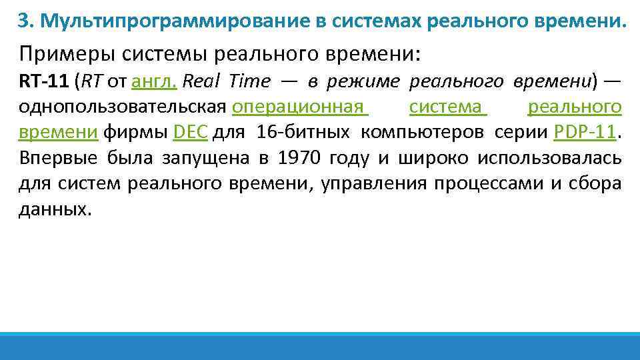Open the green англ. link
tap(154, 81)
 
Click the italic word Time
tap(250, 81)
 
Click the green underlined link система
tap(447, 107)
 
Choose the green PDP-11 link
tap(585, 132)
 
